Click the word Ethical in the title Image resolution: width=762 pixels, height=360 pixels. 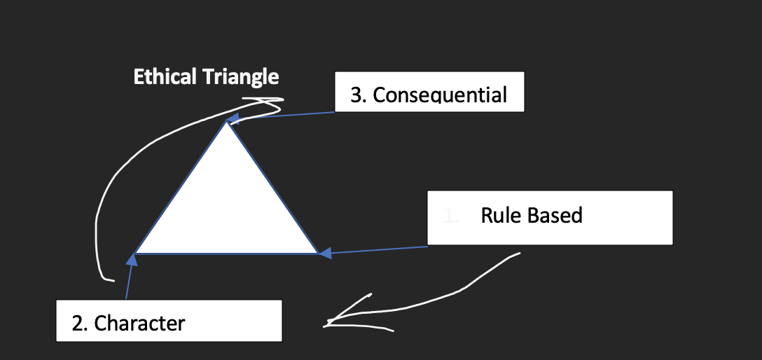[x=165, y=76]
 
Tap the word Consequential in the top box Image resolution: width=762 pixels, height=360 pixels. [x=440, y=95]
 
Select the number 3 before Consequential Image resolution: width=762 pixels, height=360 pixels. [x=356, y=95]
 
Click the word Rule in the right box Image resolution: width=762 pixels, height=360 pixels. [x=498, y=215]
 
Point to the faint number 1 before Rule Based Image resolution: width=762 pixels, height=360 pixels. [x=450, y=216]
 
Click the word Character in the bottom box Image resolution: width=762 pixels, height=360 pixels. [x=139, y=323]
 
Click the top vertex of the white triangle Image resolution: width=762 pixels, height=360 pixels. [x=226, y=123]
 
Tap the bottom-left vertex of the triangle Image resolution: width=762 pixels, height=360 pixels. [x=135, y=253]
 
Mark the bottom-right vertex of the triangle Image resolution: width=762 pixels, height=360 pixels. [x=319, y=253]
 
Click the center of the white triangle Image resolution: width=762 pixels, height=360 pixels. [x=227, y=210]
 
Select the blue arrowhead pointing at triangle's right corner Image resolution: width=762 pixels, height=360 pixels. [x=325, y=253]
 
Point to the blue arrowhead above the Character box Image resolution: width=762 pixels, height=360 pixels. [x=132, y=261]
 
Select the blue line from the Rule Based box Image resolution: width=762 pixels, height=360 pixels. [x=378, y=249]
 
